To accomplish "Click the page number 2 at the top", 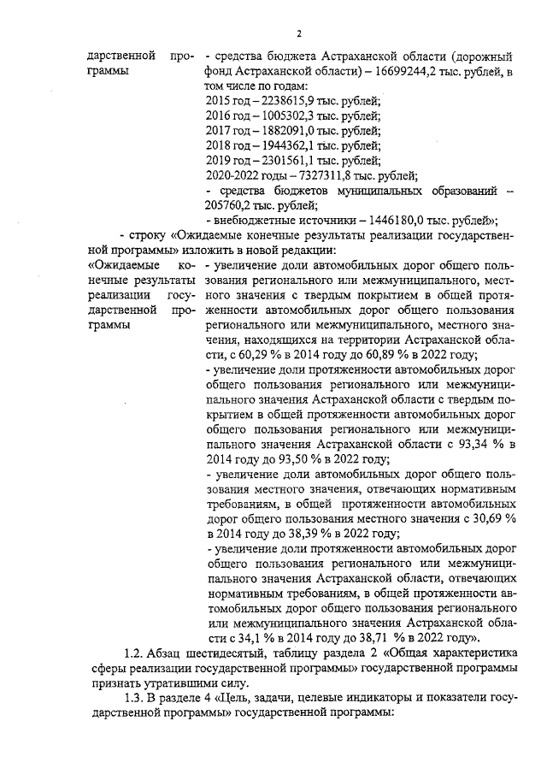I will tap(298, 33).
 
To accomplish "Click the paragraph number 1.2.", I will tap(134, 654).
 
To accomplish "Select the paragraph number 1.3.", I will tap(134, 699).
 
